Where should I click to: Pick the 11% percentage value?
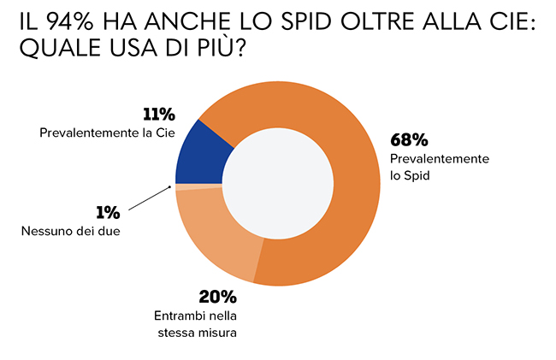158,115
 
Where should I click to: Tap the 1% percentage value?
106,213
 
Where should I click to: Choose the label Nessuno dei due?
69,231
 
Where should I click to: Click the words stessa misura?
196,332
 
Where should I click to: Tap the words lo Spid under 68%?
410,175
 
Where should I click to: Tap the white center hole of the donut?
283,185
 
